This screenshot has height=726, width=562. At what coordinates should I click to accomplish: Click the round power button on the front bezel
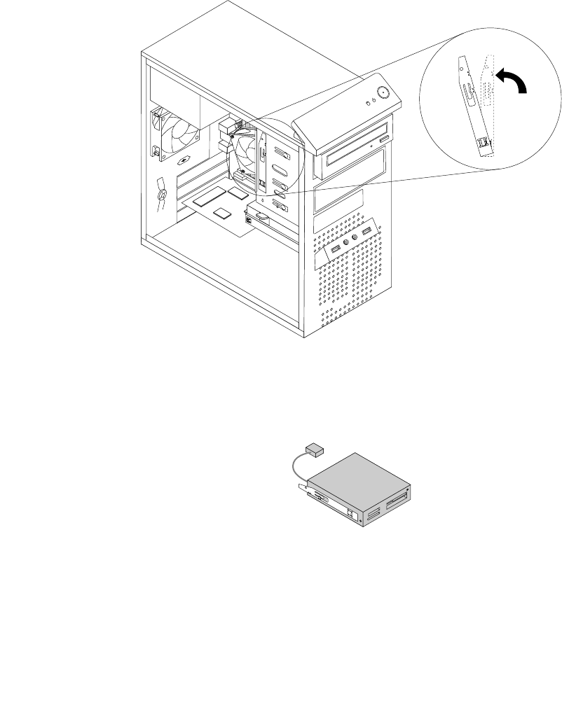point(383,92)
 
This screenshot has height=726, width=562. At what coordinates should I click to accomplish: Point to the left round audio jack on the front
point(345,244)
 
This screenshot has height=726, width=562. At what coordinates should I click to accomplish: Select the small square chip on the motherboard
point(223,212)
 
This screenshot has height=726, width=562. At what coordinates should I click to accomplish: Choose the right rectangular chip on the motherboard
point(238,190)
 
